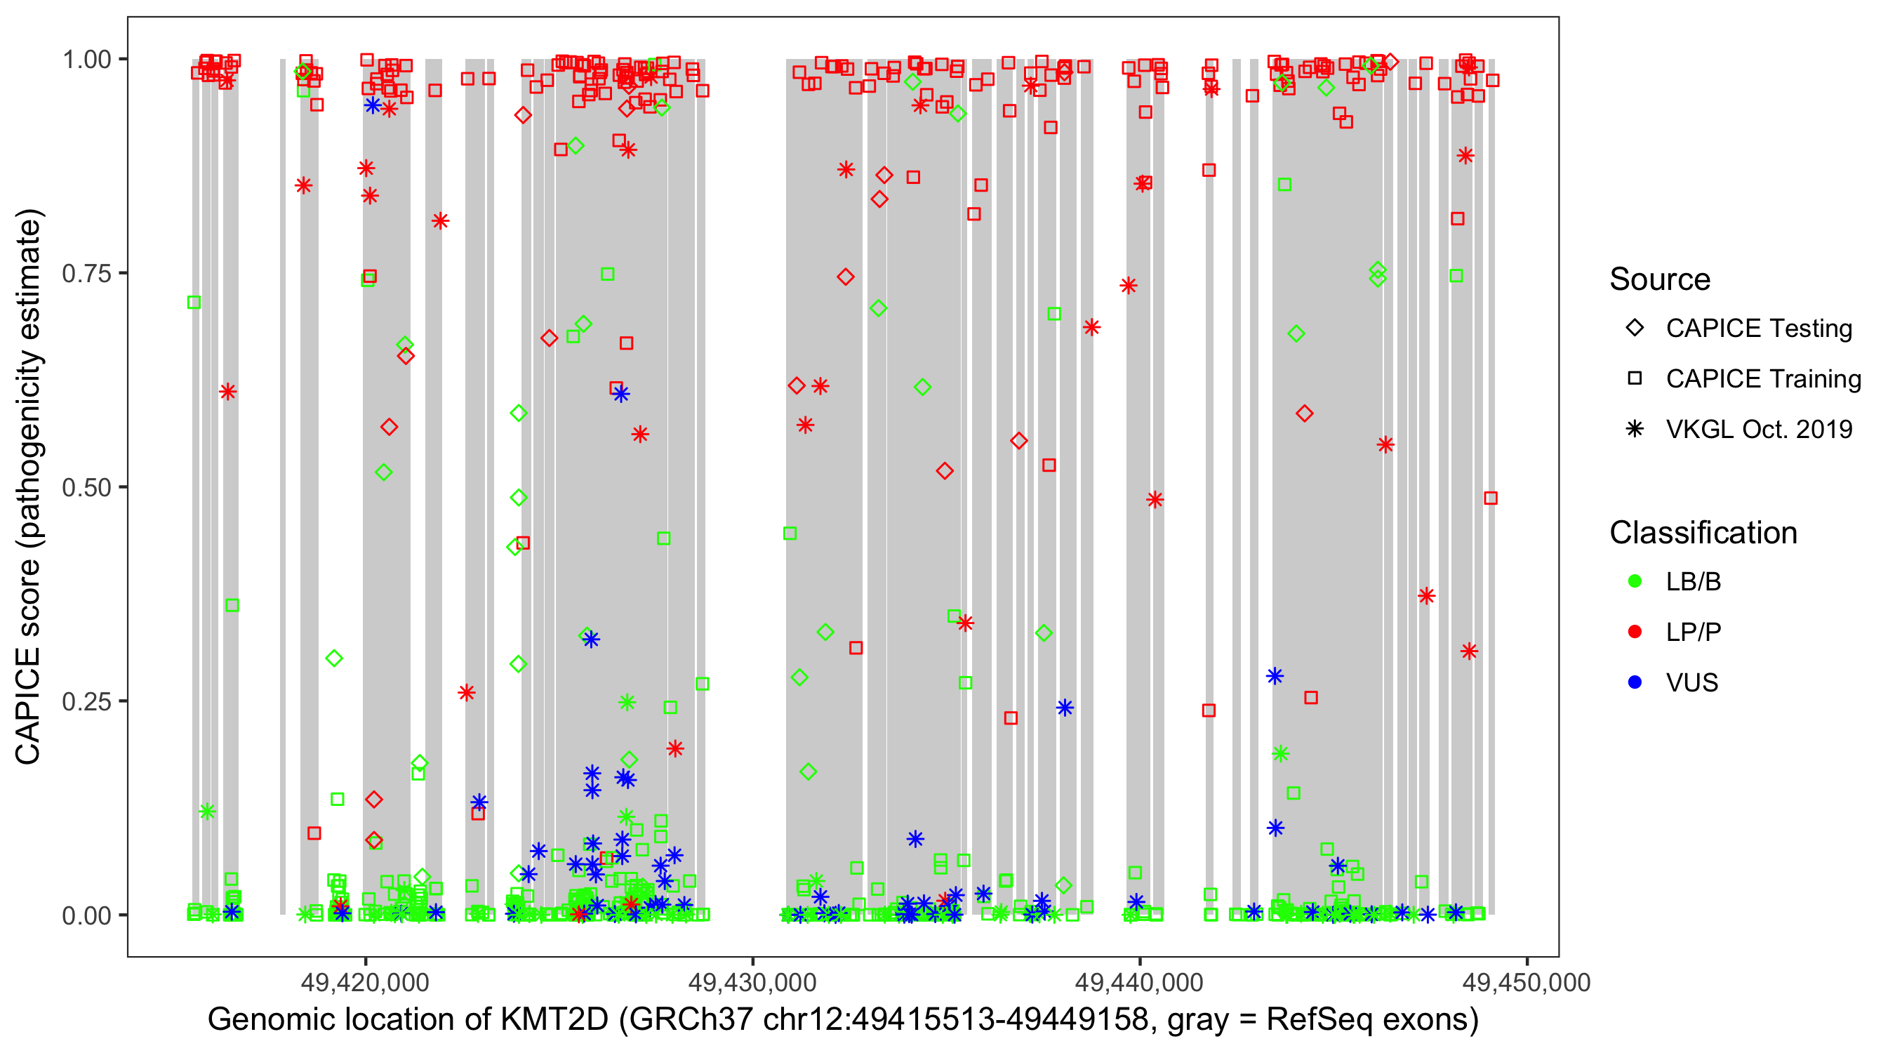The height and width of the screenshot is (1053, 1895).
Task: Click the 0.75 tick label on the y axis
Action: (x=86, y=274)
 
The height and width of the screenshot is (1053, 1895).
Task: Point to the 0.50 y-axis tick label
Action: (x=86, y=488)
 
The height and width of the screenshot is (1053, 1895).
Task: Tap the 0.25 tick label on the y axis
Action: (x=86, y=701)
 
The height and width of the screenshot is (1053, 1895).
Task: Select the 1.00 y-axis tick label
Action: (x=86, y=60)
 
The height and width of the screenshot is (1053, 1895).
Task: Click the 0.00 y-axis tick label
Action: (x=86, y=915)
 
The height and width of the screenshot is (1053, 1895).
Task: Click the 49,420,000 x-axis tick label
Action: (x=365, y=982)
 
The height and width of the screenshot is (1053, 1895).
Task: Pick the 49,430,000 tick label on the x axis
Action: (x=752, y=982)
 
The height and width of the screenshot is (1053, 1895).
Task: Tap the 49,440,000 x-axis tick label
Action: (x=1140, y=982)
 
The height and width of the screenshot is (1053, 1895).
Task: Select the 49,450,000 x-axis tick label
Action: (x=1527, y=982)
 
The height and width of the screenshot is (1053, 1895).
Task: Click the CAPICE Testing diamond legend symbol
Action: (x=1635, y=329)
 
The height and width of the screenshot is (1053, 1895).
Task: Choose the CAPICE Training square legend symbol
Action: (x=1635, y=379)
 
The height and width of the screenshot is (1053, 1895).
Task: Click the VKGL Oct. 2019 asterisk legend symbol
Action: (x=1635, y=429)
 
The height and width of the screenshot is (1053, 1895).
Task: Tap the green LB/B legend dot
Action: (x=1635, y=581)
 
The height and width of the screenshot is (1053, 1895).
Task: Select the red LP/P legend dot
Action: (x=1635, y=632)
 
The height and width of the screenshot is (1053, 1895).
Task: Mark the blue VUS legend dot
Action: (x=1635, y=682)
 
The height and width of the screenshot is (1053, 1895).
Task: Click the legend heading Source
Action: (x=1660, y=279)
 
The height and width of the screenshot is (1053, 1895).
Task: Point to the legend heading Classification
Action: (x=1703, y=533)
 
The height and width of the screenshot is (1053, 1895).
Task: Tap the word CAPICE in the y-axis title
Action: (x=28, y=705)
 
